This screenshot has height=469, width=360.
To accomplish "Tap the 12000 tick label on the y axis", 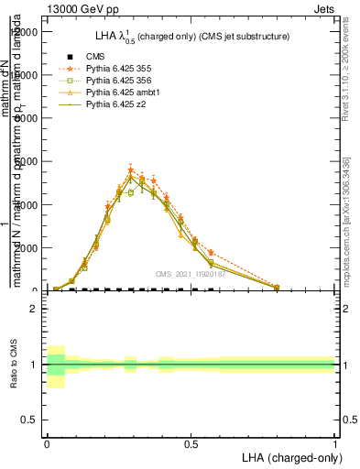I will (26, 32).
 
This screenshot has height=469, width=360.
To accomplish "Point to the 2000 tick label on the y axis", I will (28, 248).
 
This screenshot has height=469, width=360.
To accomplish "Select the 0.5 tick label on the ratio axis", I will (30, 420).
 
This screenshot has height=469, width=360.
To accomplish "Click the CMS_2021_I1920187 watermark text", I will (190, 274).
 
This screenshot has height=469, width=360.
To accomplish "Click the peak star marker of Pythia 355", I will (131, 170).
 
